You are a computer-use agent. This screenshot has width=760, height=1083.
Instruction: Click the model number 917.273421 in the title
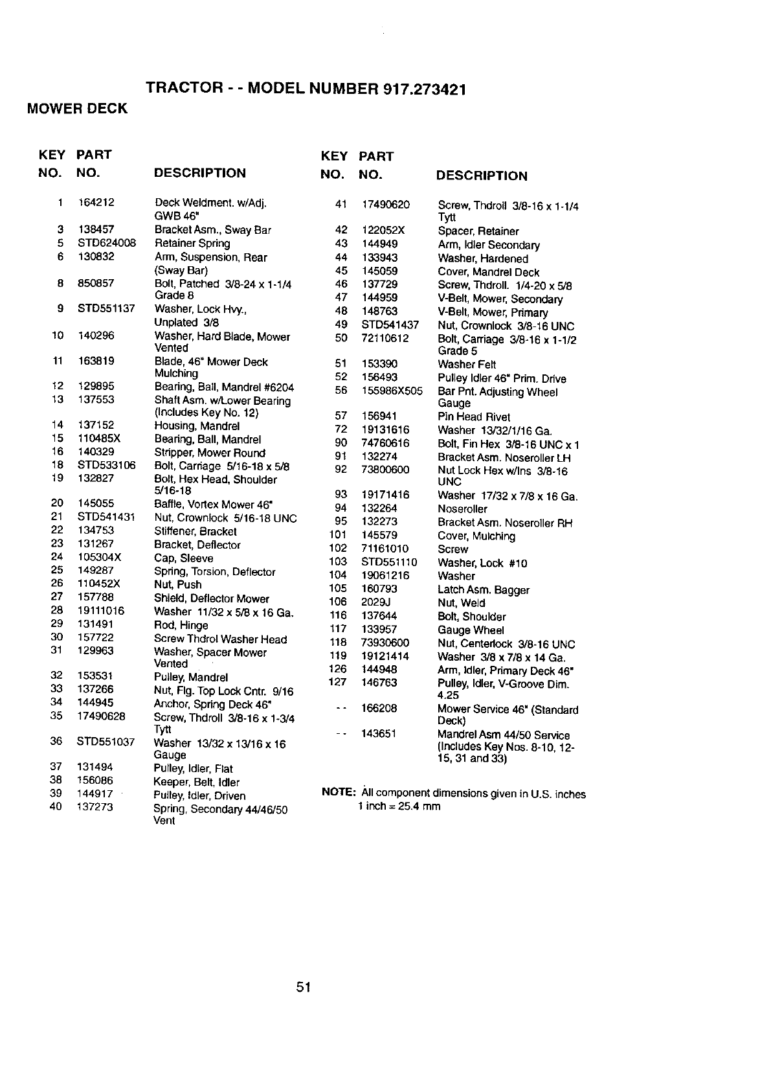pyautogui.click(x=425, y=89)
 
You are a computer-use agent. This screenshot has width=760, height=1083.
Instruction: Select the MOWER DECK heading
pyautogui.click(x=77, y=109)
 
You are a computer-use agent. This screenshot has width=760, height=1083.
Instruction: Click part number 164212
pyautogui.click(x=96, y=203)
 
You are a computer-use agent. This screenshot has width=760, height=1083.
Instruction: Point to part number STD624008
pyautogui.click(x=107, y=243)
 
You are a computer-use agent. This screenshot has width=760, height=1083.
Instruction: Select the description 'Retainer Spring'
pyautogui.click(x=192, y=244)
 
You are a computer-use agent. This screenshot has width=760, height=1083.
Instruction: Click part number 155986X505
pyautogui.click(x=392, y=391)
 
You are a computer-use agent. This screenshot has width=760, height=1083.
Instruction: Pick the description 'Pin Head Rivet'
pyautogui.click(x=474, y=417)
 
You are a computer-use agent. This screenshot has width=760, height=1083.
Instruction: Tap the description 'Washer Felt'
pyautogui.click(x=467, y=365)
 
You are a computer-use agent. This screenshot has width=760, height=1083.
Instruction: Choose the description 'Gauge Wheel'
pyautogui.click(x=471, y=630)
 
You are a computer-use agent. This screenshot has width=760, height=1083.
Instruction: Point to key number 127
pyautogui.click(x=338, y=682)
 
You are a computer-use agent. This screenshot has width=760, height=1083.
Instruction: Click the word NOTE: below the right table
pyautogui.click(x=338, y=793)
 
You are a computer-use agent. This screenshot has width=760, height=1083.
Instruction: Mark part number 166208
pyautogui.click(x=379, y=709)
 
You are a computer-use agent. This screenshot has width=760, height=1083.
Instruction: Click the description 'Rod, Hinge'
pyautogui.click(x=181, y=626)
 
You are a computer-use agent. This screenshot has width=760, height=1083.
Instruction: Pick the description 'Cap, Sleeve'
pyautogui.click(x=183, y=558)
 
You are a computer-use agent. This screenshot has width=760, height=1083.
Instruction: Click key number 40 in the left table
pyautogui.click(x=56, y=806)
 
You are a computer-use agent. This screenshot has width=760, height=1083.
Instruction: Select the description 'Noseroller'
pyautogui.click(x=462, y=509)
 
